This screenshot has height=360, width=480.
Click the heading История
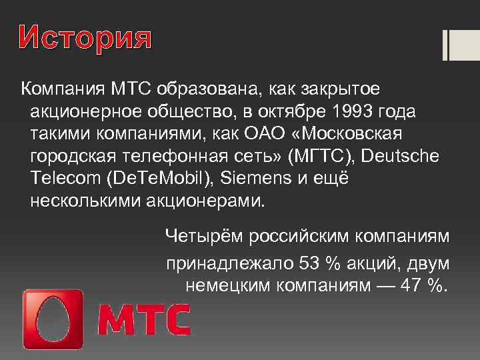pyautogui.click(x=85, y=40)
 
